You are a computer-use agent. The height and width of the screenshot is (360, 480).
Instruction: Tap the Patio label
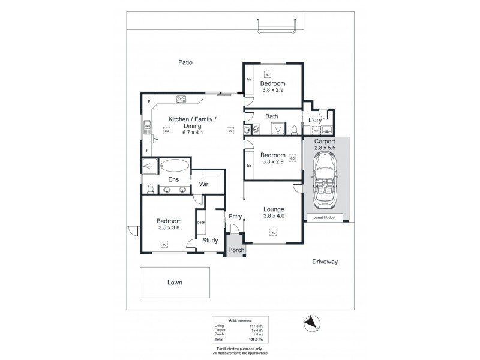point(184,62)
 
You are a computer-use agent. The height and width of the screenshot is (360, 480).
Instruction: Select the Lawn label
point(175,282)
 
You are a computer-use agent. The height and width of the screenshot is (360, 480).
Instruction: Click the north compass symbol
point(310,322)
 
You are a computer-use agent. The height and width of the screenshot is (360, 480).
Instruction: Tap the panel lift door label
point(325,217)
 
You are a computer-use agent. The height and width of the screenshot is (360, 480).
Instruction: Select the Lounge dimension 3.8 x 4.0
point(273,217)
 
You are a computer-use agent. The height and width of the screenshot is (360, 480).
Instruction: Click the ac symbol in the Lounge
point(272,232)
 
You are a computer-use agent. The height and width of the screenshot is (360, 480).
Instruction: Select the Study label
point(209,241)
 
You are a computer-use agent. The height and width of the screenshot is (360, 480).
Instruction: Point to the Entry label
point(234,217)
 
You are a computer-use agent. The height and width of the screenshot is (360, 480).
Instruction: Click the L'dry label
point(316,120)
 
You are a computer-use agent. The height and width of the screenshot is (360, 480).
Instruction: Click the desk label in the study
point(201,223)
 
